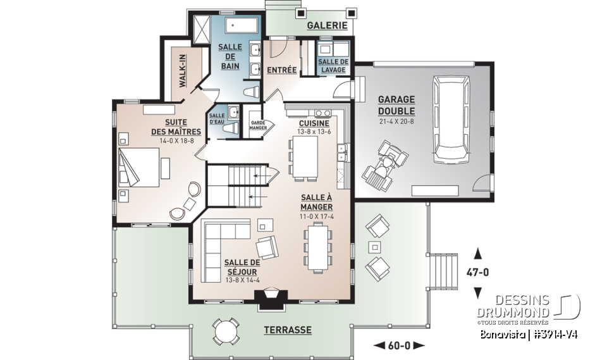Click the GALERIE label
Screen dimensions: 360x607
[328, 25]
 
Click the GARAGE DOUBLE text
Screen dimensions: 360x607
[396, 105]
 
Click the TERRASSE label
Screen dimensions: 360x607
[288, 330]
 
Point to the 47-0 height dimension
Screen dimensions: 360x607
[478, 273]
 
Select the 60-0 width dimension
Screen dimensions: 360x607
[398, 345]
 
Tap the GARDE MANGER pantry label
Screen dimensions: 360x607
[258, 125]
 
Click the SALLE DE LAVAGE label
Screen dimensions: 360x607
[333, 65]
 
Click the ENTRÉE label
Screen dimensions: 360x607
[282, 70]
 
